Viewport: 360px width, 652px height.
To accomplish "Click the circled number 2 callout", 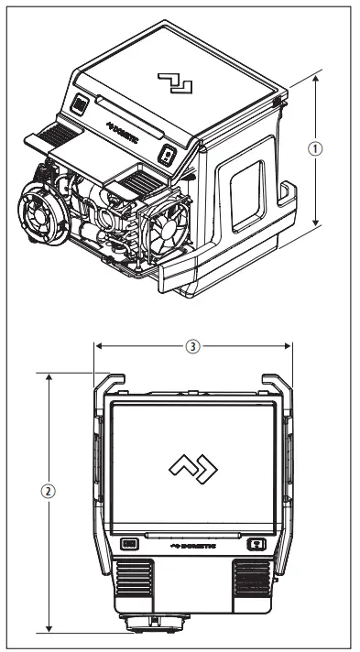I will tap(49, 490).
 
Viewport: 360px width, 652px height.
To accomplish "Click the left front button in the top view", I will tap(128, 542).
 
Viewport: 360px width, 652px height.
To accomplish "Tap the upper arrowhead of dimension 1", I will tap(316, 78).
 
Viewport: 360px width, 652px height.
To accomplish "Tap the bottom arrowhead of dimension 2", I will tap(49, 629).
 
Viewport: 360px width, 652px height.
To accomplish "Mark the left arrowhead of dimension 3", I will tap(98, 346).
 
